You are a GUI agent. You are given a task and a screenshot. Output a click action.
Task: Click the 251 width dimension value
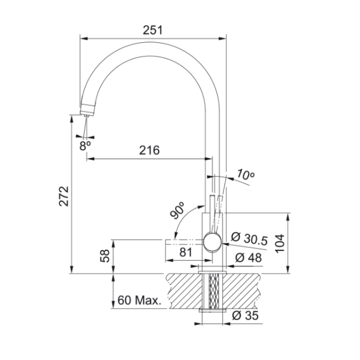click(x=153, y=30)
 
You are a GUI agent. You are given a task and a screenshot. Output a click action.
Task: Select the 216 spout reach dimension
click(x=149, y=150)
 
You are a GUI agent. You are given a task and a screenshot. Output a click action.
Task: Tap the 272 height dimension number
click(x=64, y=196)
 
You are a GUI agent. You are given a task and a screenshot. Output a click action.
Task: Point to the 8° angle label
click(x=85, y=145)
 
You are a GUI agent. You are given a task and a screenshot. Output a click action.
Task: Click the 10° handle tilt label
click(x=245, y=175)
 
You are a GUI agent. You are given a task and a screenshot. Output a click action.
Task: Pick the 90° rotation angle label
click(x=177, y=210)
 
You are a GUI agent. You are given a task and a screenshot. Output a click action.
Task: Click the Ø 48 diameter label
click(x=248, y=258)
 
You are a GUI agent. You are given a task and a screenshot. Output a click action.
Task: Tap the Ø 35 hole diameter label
click(x=245, y=315)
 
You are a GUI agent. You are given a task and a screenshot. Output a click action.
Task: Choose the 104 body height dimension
click(x=279, y=243)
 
